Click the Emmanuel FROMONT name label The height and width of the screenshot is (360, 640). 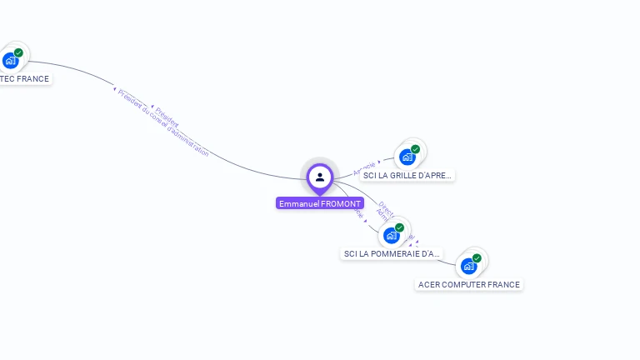click(x=320, y=203)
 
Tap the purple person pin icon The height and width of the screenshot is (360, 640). click(x=320, y=177)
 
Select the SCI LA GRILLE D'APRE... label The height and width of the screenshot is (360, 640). click(x=407, y=176)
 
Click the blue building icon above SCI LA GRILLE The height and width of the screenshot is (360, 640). click(x=407, y=157)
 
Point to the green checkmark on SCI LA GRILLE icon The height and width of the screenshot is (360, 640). click(x=415, y=149)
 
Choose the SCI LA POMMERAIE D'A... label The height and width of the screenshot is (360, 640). click(x=391, y=253)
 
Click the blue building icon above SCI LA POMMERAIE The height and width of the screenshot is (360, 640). click(x=391, y=236)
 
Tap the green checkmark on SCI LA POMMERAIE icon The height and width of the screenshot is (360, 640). click(x=399, y=227)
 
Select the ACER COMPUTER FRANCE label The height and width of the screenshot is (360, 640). click(x=469, y=284)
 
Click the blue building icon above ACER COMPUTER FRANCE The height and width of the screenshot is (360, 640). click(x=468, y=266)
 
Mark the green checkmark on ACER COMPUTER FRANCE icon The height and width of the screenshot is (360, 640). click(x=477, y=258)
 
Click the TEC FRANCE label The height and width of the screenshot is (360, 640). click(x=24, y=79)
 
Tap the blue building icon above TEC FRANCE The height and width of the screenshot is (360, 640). click(x=10, y=60)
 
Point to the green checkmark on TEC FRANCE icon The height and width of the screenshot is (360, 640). click(x=18, y=52)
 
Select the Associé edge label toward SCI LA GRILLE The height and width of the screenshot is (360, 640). click(x=364, y=167)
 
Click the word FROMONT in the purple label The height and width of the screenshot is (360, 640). click(x=342, y=203)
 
